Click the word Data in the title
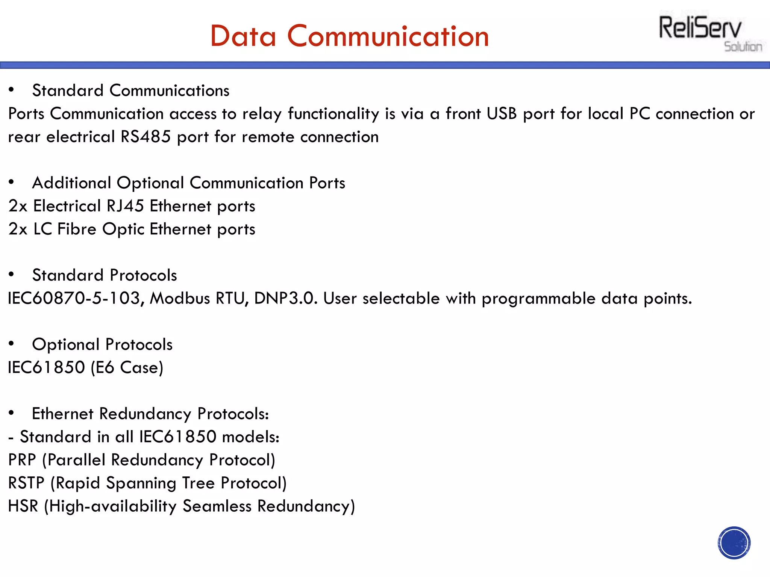coord(243,36)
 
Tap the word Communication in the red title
coord(388,36)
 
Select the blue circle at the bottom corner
coord(734,542)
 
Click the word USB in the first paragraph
coord(502,114)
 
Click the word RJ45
coord(125,206)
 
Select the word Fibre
coord(77,229)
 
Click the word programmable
coord(538,299)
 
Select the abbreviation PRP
coord(22,460)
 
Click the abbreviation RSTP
coord(26,483)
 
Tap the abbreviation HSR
coord(23,506)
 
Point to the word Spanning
coord(141,483)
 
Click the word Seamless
coord(217,506)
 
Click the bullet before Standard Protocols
coord(11,275)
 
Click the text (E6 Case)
coord(127,368)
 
